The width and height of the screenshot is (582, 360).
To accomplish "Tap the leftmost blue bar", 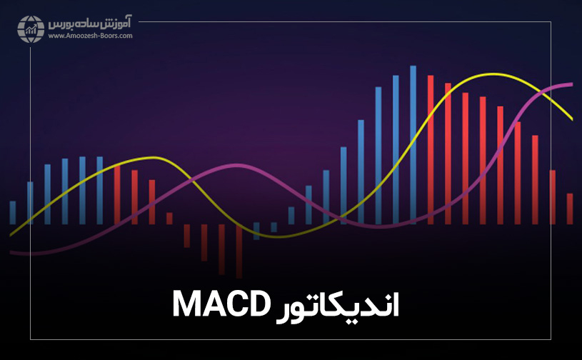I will [x=12, y=212].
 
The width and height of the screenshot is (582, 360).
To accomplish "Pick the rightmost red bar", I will [x=570, y=208].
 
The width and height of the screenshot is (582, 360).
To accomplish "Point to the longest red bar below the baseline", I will [x=239, y=250].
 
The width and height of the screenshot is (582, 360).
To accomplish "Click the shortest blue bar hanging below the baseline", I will [x=274, y=227].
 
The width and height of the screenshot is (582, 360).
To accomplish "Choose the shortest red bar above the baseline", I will [x=169, y=218].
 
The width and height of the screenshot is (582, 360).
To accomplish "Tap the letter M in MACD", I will [x=188, y=304].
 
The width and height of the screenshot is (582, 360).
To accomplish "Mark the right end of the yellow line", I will [x=572, y=119].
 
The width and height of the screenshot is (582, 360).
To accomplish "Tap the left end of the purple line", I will [x=11, y=252].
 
